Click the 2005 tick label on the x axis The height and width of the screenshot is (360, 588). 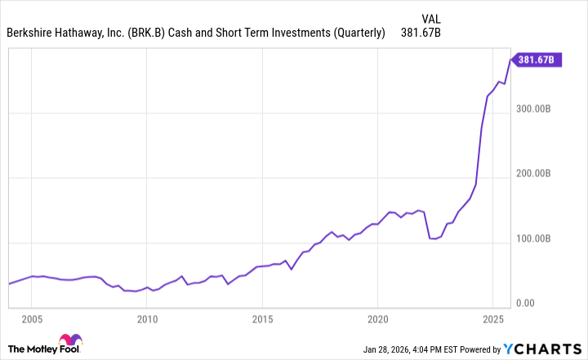(x=32, y=318)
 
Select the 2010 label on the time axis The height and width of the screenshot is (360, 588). (x=147, y=318)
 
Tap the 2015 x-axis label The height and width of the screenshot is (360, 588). (x=262, y=318)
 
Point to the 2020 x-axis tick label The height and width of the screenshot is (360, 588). (x=377, y=318)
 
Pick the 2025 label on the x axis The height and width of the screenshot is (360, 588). (x=492, y=318)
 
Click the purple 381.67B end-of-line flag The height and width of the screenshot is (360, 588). (x=536, y=59)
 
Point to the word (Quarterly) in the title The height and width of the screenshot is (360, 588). (x=356, y=33)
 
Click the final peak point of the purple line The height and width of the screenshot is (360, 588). (x=510, y=59)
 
